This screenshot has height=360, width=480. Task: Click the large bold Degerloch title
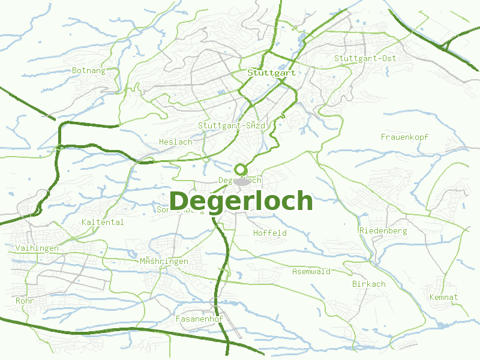(241, 201)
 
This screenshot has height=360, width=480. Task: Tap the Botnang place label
(88, 70)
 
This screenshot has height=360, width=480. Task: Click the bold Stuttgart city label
(271, 72)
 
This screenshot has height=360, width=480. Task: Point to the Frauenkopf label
(404, 137)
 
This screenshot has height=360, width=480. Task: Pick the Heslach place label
(176, 142)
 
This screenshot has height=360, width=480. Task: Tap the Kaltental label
(102, 222)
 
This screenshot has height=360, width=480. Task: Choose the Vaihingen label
(37, 248)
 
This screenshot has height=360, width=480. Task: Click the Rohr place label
(25, 300)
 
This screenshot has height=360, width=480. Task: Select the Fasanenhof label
(199, 319)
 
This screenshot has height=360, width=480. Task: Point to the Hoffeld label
(270, 233)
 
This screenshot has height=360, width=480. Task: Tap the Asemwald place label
(311, 271)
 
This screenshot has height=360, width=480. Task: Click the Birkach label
(368, 284)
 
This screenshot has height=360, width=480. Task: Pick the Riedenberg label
(383, 230)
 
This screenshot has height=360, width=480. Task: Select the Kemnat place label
(443, 297)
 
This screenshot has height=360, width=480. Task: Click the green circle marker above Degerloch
(241, 169)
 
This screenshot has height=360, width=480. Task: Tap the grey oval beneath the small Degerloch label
(241, 181)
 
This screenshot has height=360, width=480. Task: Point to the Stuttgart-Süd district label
(231, 125)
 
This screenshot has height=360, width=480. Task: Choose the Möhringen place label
(163, 261)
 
